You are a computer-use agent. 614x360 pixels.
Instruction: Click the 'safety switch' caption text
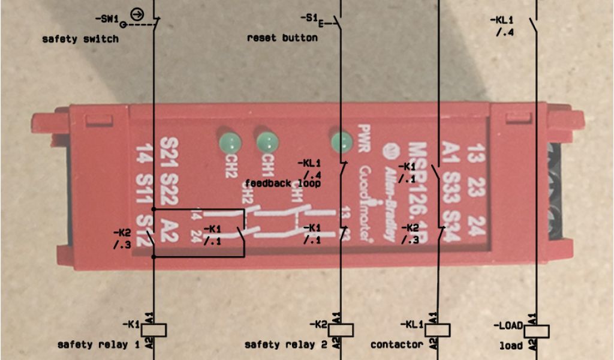[x=80, y=39]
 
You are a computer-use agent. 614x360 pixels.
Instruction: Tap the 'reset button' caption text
[x=282, y=38]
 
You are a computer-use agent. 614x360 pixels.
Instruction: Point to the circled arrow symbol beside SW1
[x=137, y=13]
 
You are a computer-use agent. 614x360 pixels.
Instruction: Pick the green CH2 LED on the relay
[x=230, y=143]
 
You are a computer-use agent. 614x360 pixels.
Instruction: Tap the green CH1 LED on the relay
[x=268, y=142]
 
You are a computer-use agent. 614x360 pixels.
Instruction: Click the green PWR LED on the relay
[x=341, y=142]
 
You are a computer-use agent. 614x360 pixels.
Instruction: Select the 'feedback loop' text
[x=282, y=183]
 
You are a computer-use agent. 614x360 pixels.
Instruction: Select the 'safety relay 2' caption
[x=286, y=345]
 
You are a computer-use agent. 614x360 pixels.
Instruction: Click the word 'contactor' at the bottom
[x=396, y=345]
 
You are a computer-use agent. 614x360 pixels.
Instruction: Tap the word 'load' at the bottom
[x=511, y=346]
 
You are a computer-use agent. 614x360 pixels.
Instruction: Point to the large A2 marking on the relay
[x=170, y=231]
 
